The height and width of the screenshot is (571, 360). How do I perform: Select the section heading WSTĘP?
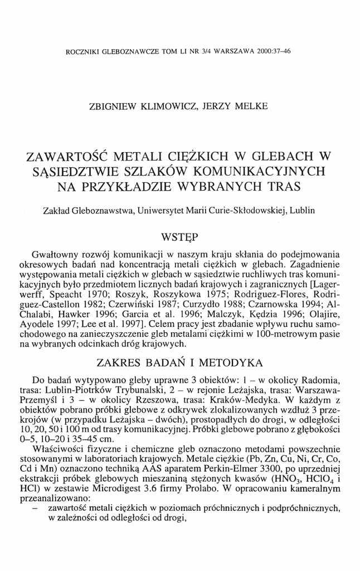coord(180,234)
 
